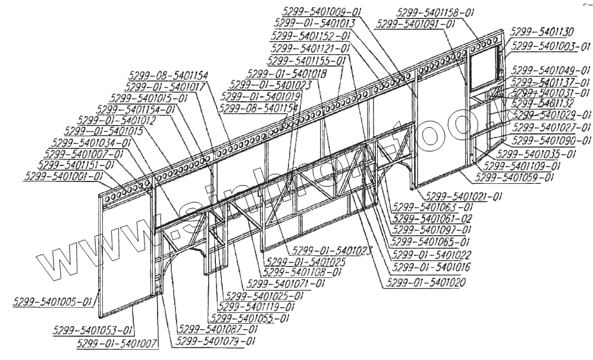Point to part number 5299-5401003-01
coord(551,45)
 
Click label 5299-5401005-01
coord(53,302)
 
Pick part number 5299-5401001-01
coord(63,177)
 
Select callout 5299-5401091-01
coord(416,24)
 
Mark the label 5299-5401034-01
coord(91,143)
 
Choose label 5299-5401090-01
coord(552,140)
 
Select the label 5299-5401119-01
coord(256,307)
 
